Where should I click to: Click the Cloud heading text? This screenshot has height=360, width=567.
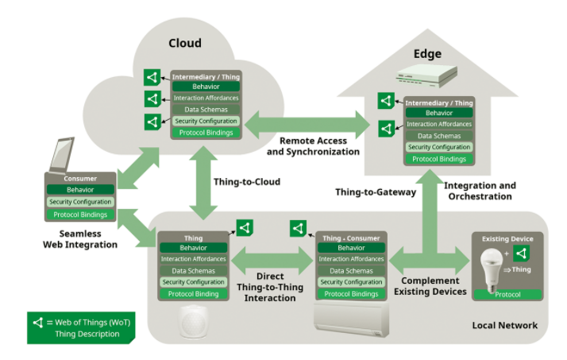[x=185, y=43]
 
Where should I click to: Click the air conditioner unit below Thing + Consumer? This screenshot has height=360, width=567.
[x=353, y=317]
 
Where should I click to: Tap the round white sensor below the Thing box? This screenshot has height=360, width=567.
[x=193, y=321]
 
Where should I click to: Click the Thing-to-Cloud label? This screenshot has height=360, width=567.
[x=246, y=181]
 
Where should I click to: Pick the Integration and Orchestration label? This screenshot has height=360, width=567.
[x=480, y=191]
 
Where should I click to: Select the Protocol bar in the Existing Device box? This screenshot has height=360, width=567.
[x=507, y=295]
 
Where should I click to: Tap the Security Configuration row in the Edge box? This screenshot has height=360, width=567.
[x=439, y=147]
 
